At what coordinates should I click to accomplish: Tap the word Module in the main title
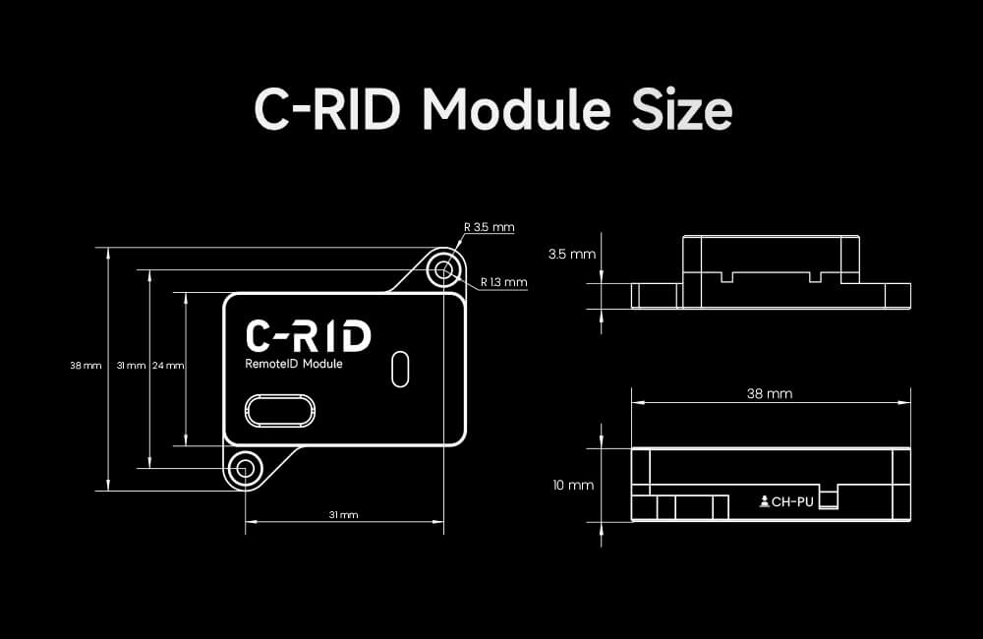pos(517,110)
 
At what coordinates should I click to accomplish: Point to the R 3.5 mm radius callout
pos(490,227)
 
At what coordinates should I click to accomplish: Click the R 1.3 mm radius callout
pos(504,283)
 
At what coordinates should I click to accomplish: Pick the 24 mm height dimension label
pos(168,366)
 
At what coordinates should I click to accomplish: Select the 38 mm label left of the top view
pos(86,366)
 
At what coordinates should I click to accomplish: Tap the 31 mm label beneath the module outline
pos(343,515)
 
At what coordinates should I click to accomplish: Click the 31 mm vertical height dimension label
pos(131,366)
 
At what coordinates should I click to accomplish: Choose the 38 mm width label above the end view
pos(770,393)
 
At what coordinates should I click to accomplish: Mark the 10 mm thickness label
pos(573,486)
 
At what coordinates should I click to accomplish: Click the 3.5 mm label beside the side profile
pos(571,254)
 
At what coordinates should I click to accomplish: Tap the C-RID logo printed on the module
pos(308,335)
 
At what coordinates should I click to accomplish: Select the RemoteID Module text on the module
pos(293,364)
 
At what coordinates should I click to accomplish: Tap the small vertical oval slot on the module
pos(399,368)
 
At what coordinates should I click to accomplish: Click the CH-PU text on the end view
pos(792,502)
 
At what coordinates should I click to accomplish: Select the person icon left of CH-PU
pos(765,502)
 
